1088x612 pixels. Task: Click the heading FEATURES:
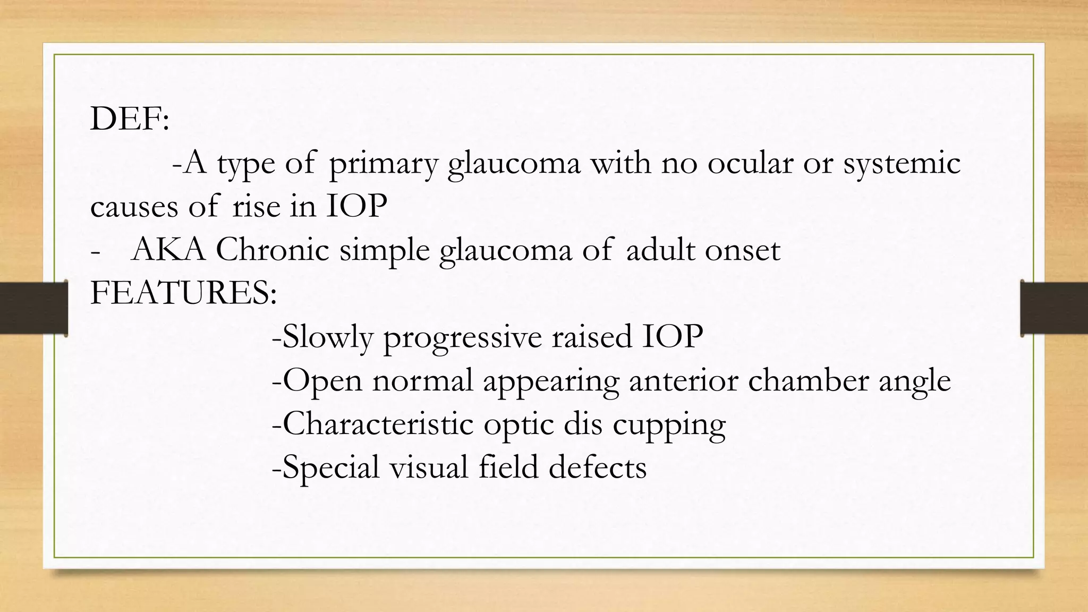(183, 293)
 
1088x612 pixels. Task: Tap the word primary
(382, 163)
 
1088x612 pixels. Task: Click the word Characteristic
(372, 424)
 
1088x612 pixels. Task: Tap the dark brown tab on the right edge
(1054, 308)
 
